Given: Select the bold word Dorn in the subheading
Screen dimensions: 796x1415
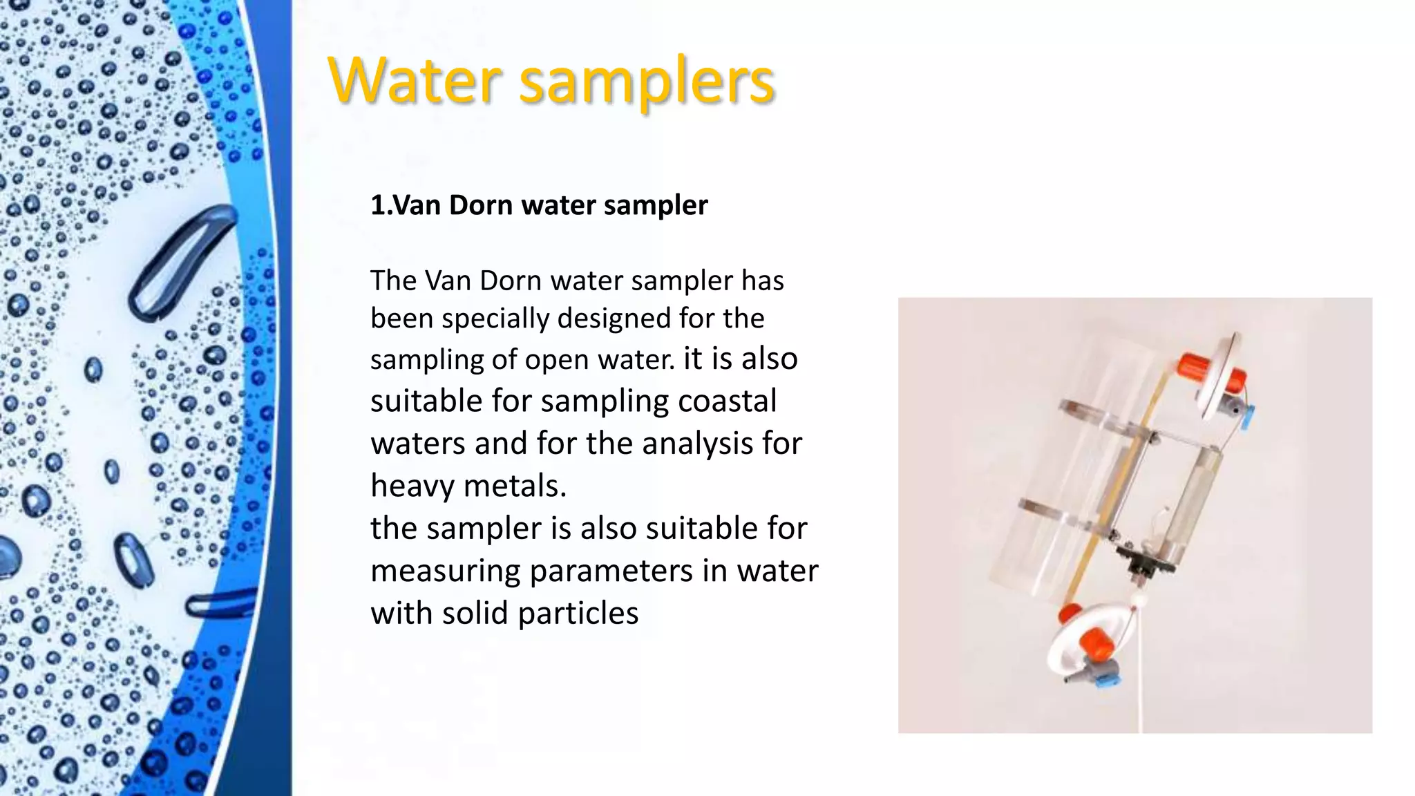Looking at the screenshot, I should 482,205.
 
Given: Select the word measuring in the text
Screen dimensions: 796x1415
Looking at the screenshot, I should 446,571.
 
